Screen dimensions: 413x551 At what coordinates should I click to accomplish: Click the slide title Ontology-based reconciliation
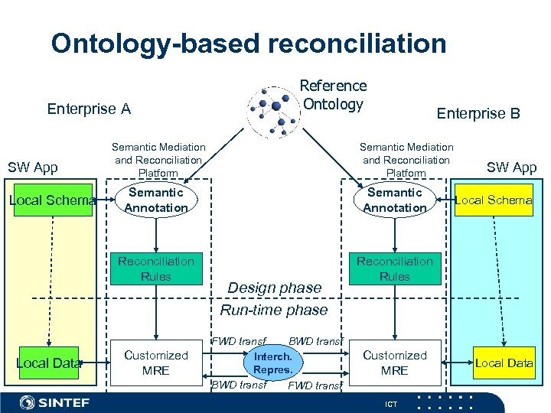pos(249,44)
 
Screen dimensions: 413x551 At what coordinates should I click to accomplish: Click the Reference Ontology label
pos(333,95)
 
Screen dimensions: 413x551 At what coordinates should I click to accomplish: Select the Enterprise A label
pos(89,109)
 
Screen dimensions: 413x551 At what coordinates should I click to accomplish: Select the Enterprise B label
pos(478,113)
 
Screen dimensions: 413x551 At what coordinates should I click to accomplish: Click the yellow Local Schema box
pos(494,200)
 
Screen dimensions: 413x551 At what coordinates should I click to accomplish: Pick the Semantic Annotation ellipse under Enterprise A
pos(156,200)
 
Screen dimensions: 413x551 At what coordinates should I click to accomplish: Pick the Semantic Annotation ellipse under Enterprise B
pos(395,200)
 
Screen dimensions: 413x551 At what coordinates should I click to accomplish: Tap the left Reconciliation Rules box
pos(156,268)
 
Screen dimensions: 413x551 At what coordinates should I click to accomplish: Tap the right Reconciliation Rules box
pos(395,268)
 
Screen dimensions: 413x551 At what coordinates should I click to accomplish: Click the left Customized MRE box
pos(156,363)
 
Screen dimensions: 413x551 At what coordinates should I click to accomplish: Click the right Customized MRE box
pos(395,363)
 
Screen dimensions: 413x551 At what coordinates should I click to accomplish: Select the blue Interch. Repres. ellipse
pos(273,363)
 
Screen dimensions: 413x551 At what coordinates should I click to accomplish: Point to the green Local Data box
pos(48,363)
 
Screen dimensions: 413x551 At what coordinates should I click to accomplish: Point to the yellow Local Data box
pos(504,363)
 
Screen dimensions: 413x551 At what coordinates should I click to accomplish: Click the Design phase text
pos(275,288)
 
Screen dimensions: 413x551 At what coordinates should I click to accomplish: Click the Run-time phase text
pos(273,310)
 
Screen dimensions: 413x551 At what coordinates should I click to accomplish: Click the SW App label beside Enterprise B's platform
pos(512,167)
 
